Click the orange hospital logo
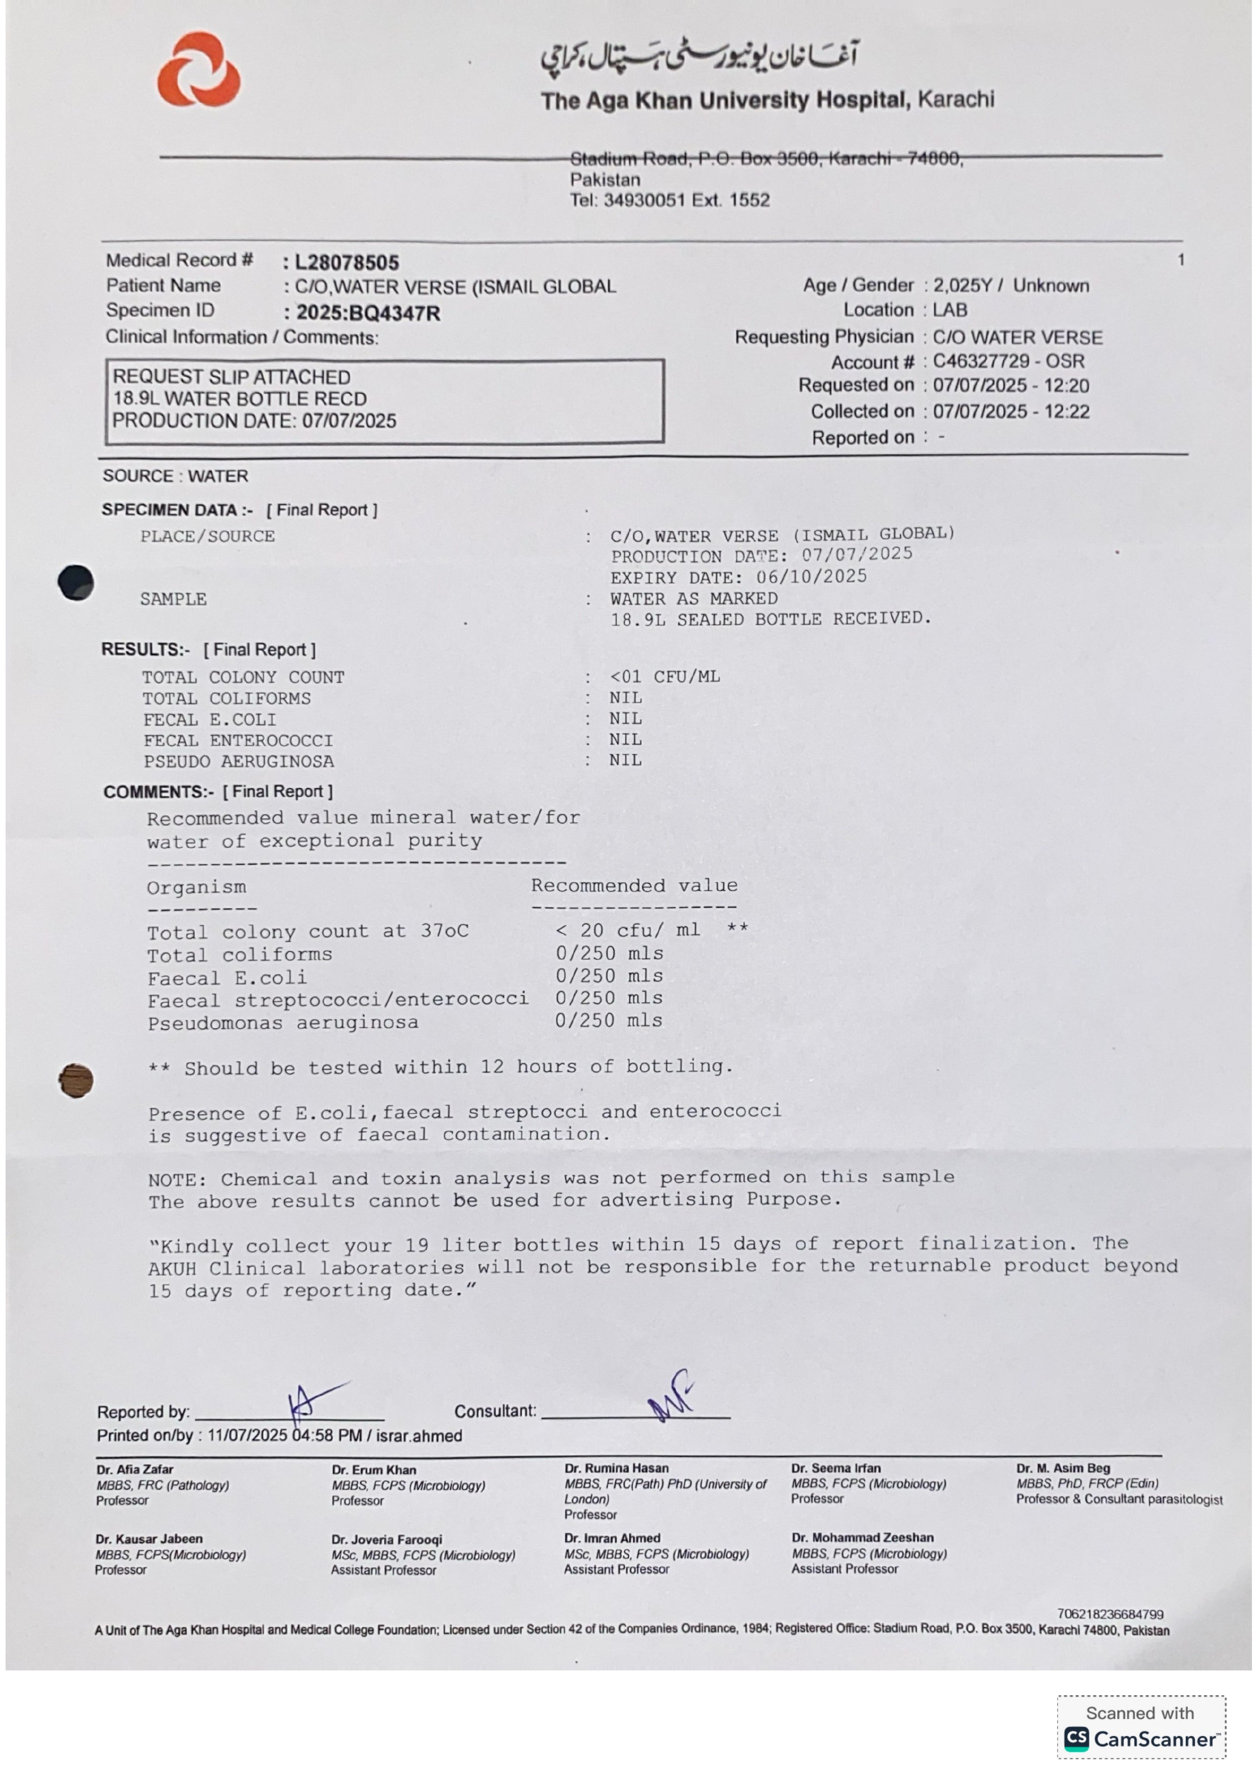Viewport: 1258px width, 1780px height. [x=198, y=70]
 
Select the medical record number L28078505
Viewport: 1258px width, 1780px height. [x=346, y=263]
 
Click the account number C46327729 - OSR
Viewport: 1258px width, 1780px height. [x=1007, y=361]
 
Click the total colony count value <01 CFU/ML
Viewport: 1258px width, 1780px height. [x=665, y=677]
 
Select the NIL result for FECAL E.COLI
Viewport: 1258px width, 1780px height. [x=625, y=719]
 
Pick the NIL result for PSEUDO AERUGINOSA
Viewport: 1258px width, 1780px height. [x=625, y=760]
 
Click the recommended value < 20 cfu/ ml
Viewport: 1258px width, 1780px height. [x=628, y=930]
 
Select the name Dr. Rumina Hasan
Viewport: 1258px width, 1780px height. [x=616, y=1469]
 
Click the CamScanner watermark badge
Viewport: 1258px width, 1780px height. [x=1140, y=1727]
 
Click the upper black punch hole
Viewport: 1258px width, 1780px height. [x=76, y=583]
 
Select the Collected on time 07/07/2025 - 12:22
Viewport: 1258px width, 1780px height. [x=1011, y=412]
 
